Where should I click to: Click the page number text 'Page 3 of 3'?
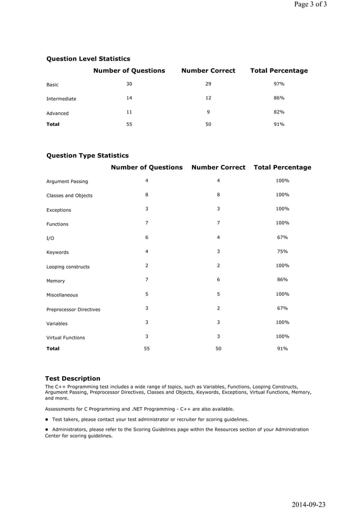(310, 5)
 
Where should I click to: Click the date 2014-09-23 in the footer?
(309, 504)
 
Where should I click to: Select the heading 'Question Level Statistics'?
(88, 59)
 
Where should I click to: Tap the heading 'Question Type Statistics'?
(87, 155)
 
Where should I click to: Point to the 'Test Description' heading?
(73, 378)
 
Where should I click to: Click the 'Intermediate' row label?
(61, 99)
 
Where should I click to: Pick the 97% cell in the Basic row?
(279, 84)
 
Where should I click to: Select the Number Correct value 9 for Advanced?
(208, 112)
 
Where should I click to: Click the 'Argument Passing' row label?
(67, 181)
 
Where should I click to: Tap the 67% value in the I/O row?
(282, 237)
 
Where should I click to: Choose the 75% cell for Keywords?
(282, 251)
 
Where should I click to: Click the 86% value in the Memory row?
(282, 280)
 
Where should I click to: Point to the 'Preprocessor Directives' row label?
(73, 310)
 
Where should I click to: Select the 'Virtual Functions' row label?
(65, 338)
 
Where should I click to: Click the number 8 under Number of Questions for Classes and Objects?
(147, 195)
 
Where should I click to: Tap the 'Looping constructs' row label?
(68, 267)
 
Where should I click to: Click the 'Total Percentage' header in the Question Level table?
(279, 71)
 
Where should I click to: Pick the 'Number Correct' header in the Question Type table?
(218, 167)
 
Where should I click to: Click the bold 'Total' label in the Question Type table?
(52, 348)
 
